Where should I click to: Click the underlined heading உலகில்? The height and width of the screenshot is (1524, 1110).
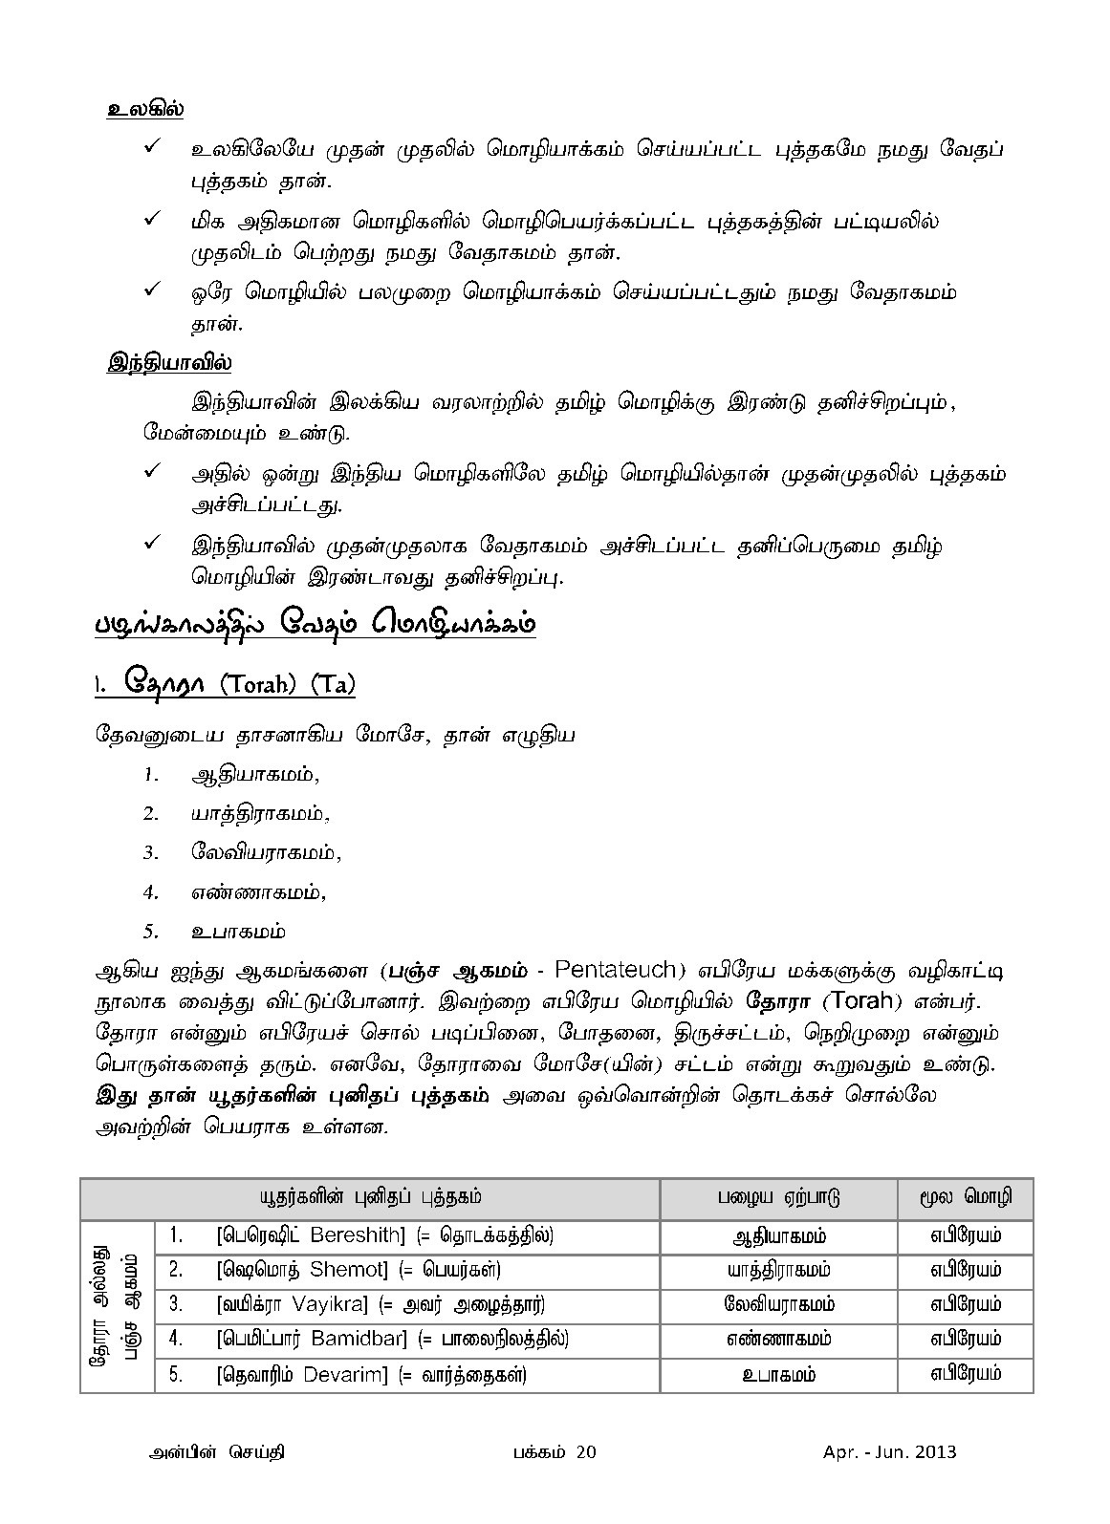(x=144, y=109)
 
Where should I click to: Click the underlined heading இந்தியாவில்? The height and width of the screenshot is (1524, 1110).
(x=168, y=363)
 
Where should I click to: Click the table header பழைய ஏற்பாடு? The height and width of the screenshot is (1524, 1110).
(x=778, y=1198)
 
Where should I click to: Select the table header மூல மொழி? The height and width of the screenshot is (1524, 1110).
(x=966, y=1198)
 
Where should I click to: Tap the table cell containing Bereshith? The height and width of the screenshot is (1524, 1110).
(x=384, y=1235)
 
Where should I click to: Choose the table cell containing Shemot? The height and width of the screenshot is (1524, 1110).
(x=359, y=1270)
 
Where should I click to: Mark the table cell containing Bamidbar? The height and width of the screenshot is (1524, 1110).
(x=392, y=1340)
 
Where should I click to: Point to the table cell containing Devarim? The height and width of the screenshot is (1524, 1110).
(x=371, y=1375)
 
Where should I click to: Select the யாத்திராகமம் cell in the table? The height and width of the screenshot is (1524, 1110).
(x=778, y=1270)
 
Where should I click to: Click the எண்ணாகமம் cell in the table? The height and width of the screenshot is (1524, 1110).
(x=778, y=1340)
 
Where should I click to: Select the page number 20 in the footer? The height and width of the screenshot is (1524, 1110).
(x=586, y=1452)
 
